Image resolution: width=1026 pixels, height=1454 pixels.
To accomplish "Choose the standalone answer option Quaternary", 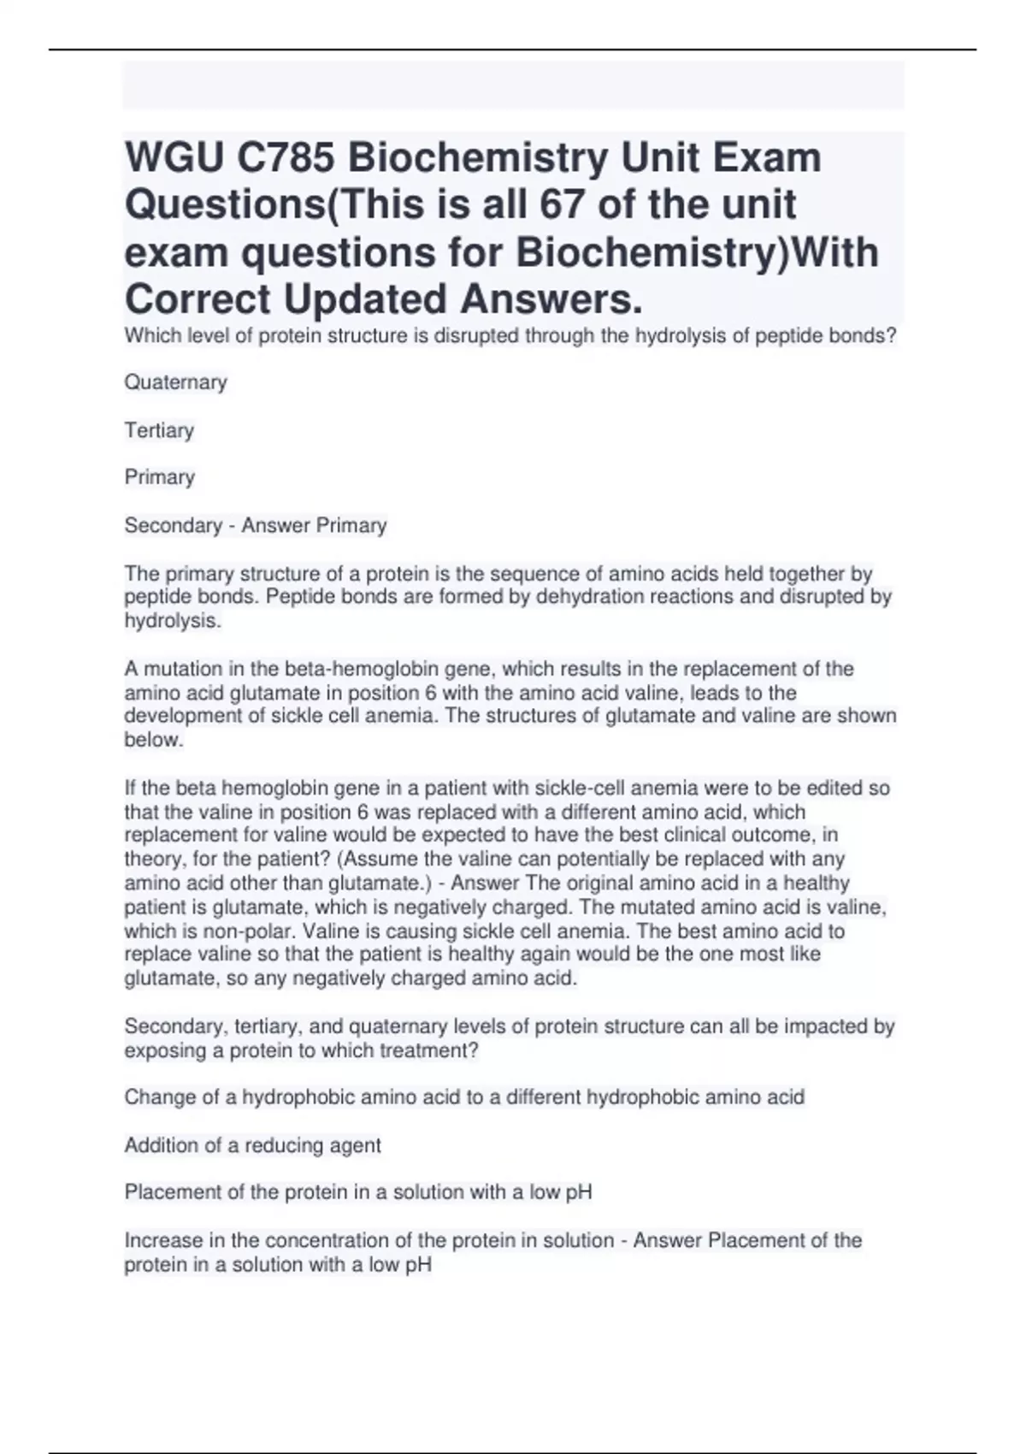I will pyautogui.click(x=175, y=382).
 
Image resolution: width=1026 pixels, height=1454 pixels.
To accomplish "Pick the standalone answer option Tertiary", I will pyautogui.click(x=159, y=430).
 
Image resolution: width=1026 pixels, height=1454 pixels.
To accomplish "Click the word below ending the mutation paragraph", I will pyautogui.click(x=153, y=741).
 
